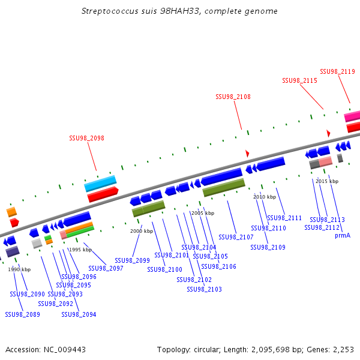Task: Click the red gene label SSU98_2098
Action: pos(86,138)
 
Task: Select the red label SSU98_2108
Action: pos(233,97)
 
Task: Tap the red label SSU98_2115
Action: pos(299,80)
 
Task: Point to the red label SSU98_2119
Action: pos(337,71)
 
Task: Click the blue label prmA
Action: pos(343,235)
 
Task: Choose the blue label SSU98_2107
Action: pos(236,237)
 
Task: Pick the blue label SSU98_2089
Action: pos(22,314)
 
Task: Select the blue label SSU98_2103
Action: pos(204,289)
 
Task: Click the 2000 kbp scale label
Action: pos(142,231)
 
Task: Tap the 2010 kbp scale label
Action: pos(265,197)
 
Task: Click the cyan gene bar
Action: pos(100,183)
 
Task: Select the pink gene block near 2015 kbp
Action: pos(325,161)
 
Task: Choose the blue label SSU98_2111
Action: pos(284,218)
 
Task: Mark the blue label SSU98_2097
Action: pos(106,268)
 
